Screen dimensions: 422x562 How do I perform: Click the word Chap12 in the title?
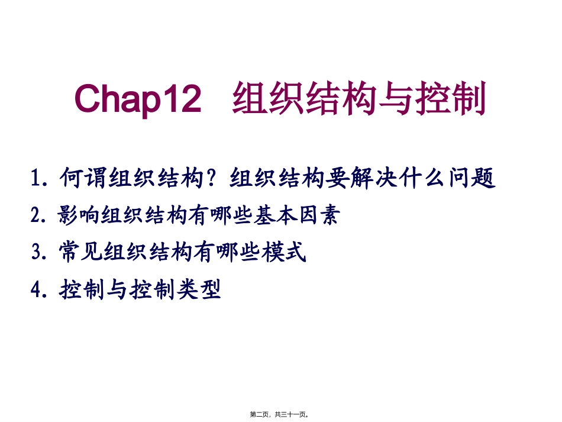tap(138, 99)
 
